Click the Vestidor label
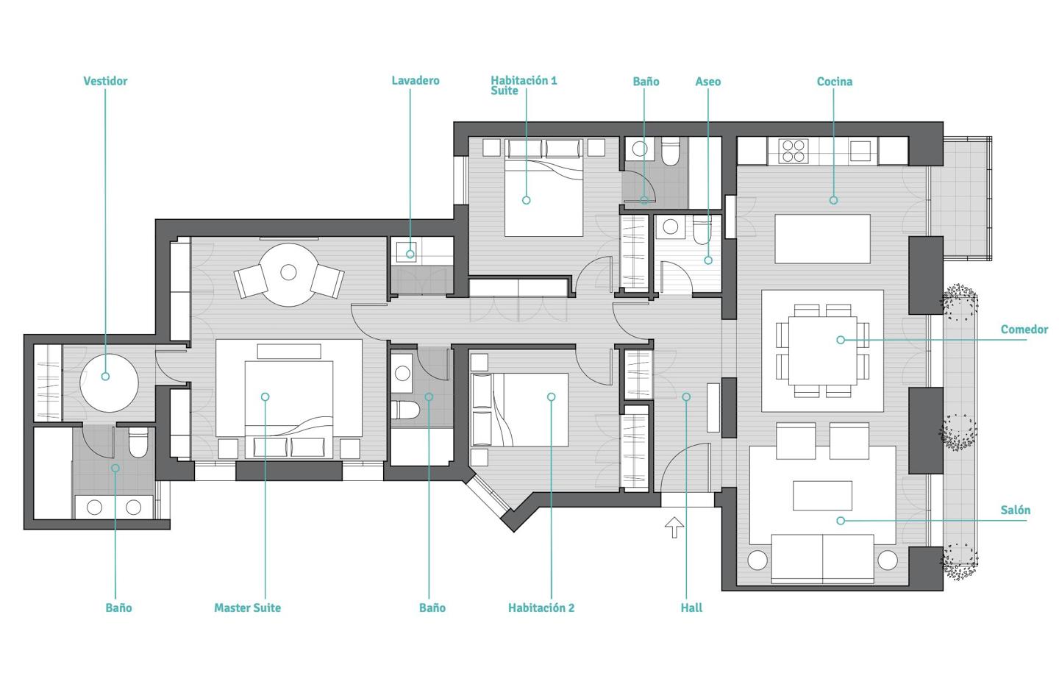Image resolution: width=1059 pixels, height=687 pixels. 105,81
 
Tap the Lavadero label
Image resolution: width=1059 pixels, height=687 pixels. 416,80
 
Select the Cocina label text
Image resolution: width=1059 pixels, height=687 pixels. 835,82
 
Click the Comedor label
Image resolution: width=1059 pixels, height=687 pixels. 1024,329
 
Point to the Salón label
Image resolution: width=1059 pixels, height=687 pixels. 1015,510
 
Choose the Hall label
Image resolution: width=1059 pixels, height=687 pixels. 691,608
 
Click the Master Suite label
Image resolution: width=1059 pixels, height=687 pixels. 247,608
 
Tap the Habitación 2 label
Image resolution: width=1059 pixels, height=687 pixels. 541,608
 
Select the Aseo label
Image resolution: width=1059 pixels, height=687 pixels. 707,82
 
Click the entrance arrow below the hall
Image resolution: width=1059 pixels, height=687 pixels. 674,527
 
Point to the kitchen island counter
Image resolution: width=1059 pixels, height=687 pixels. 822,239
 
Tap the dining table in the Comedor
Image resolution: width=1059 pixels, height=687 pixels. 823,351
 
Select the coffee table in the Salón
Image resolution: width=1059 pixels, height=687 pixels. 823,496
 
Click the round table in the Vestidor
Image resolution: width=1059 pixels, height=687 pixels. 109,383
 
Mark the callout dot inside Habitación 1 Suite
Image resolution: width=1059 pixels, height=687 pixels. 527,200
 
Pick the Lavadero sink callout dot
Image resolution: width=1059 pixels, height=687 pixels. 410,254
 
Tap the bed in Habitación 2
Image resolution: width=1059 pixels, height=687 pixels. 520,410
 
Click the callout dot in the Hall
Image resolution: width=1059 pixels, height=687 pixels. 686,396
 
